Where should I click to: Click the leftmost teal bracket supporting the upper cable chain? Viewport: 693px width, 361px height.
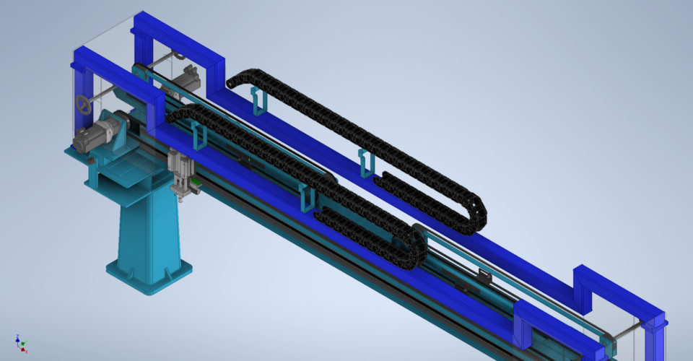click(258, 101)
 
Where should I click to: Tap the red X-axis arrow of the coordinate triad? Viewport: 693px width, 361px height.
click(23, 349)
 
